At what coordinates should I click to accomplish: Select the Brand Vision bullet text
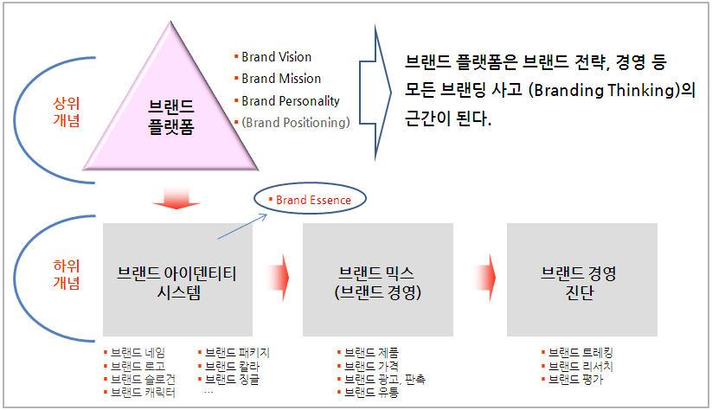click(276, 57)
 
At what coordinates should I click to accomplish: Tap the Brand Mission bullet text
click(279, 79)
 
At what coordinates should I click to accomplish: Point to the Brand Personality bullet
click(291, 101)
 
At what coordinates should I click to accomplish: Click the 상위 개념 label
click(67, 112)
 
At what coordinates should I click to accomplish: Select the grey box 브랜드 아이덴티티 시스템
click(176, 282)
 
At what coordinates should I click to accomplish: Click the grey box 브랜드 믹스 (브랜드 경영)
click(378, 282)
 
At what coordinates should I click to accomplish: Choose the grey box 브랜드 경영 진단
click(581, 282)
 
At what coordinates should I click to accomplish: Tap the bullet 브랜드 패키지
click(238, 353)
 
